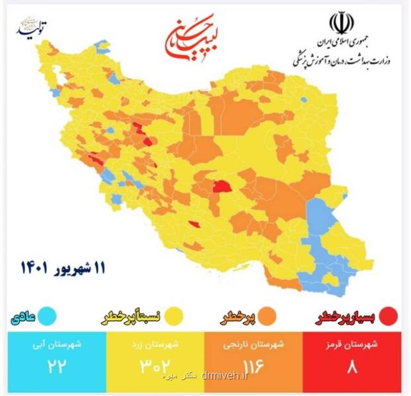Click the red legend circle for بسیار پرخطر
(x=389, y=316)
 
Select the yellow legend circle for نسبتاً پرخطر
(x=175, y=316)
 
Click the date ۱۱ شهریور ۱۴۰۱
(x=63, y=267)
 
